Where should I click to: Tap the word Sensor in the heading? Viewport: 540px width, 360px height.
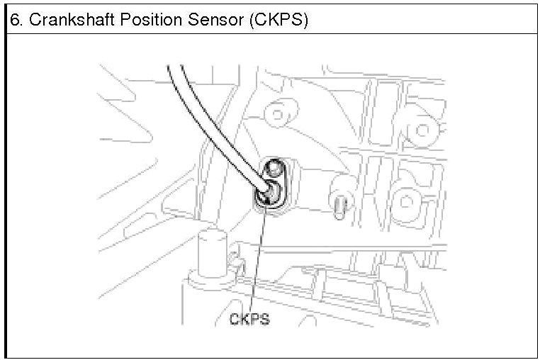206,19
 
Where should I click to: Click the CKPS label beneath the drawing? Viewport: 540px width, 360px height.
249,320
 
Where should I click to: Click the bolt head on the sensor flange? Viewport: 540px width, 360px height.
275,169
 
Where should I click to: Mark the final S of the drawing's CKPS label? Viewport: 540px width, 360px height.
264,320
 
